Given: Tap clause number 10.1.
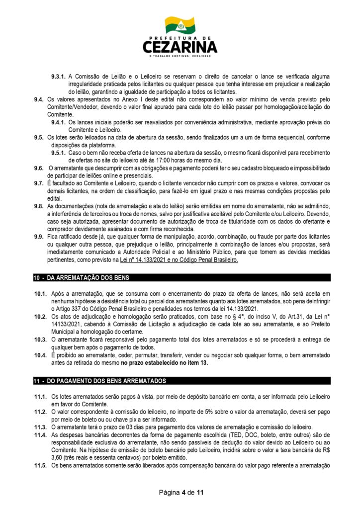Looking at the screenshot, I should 41,295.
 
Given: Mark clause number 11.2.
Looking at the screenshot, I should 41,412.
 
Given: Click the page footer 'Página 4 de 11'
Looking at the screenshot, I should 180,493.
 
